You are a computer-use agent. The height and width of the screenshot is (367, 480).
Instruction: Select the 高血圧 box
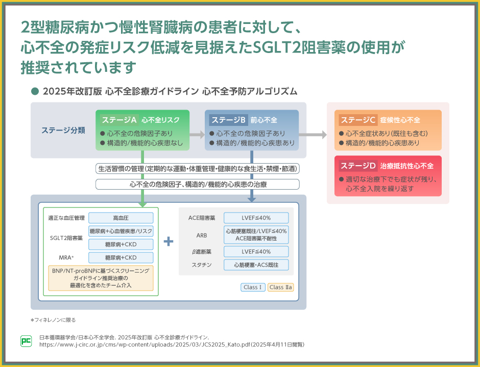[x=121, y=218]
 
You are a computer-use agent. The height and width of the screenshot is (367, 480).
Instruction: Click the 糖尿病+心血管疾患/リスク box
[x=121, y=231]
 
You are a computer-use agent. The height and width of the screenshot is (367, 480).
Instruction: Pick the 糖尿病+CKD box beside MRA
[x=121, y=257]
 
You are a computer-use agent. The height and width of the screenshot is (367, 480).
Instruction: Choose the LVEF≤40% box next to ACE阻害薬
[x=256, y=218]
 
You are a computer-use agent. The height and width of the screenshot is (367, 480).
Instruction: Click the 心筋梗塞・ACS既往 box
[x=256, y=265]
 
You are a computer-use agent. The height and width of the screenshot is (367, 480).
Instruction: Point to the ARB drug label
[x=202, y=235]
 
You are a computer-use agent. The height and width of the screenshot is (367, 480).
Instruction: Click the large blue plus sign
[x=169, y=241]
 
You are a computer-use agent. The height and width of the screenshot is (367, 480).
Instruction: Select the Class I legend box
[x=253, y=287]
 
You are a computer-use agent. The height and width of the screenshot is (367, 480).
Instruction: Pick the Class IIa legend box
[x=281, y=287]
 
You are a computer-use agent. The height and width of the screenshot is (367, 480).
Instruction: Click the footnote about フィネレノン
[x=53, y=320]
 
